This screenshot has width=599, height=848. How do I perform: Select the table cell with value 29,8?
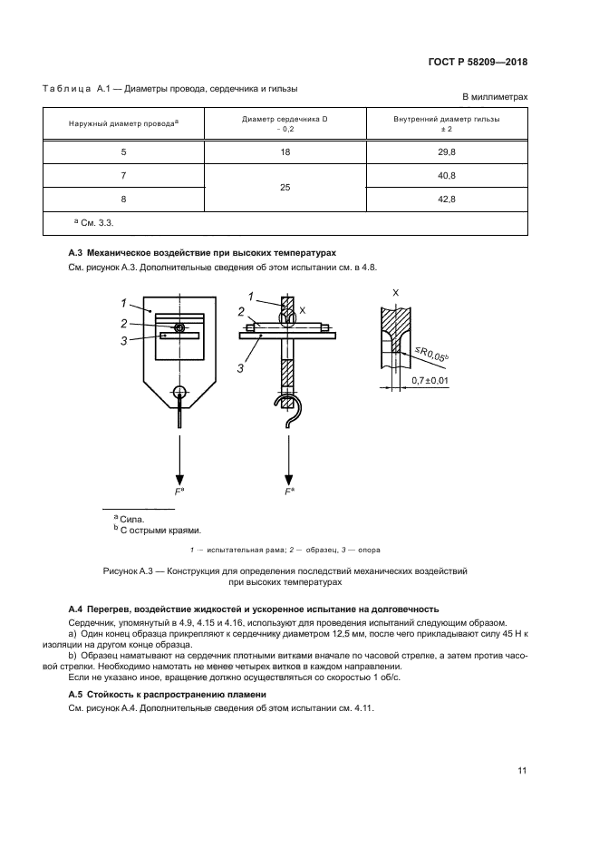pos(446,152)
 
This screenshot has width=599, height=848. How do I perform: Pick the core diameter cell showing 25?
pos(285,186)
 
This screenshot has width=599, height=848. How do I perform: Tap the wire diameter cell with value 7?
pos(124,175)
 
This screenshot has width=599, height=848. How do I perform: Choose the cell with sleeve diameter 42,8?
pos(446,199)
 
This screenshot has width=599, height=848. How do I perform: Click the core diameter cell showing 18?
pos(285,152)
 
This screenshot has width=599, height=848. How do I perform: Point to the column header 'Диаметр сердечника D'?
pos(285,118)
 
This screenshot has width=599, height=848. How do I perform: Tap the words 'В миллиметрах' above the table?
pos(495,97)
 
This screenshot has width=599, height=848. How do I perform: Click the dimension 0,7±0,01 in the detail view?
pos(430,382)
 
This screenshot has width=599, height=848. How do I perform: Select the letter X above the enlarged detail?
pos(396,293)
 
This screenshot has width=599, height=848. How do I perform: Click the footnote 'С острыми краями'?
pos(160,531)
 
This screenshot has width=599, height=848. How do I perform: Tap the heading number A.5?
pos(76,694)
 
